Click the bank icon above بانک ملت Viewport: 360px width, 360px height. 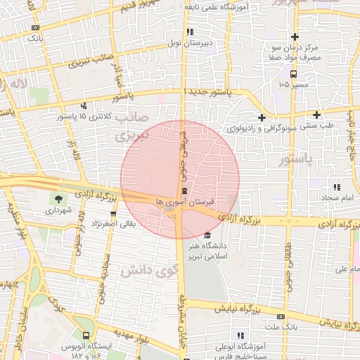[281, 316]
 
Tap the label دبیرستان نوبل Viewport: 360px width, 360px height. [184, 43]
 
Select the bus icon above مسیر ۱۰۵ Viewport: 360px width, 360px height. [293, 73]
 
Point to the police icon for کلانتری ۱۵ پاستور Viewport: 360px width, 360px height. [84, 106]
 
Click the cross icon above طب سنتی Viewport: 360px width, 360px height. [317, 115]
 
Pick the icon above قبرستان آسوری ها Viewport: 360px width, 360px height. [184, 191]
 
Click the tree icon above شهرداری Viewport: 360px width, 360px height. [58, 199]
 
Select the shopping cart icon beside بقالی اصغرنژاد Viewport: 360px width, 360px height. [112, 214]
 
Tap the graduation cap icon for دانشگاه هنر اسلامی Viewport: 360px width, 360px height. [206, 235]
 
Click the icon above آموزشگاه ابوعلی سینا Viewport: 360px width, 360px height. [240, 335]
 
